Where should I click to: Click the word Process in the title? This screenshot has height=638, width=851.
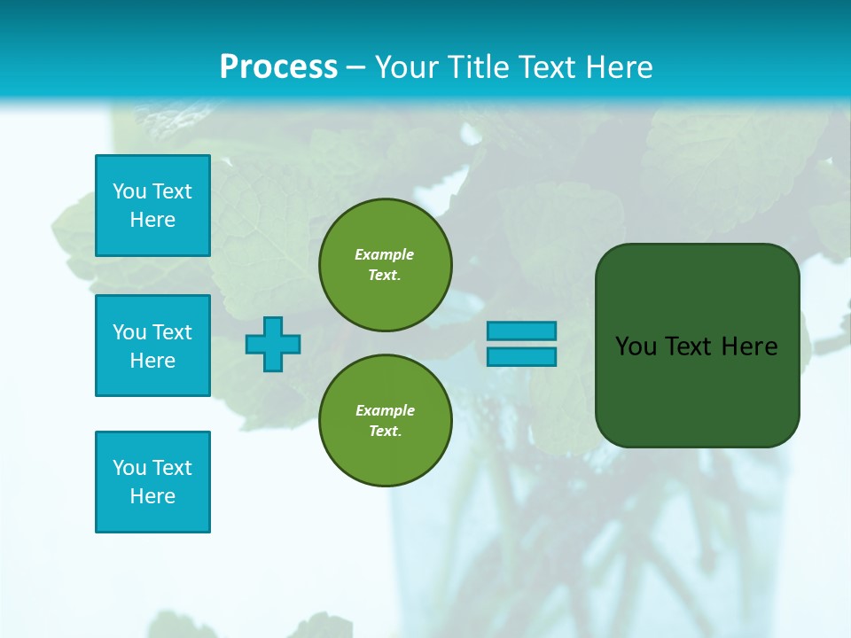click(x=278, y=67)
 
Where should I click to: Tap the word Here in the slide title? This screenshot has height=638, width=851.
click(x=614, y=67)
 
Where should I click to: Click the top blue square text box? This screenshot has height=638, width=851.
click(x=152, y=206)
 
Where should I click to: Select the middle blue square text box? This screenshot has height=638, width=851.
click(x=152, y=346)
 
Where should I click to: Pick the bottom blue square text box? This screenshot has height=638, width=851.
click(x=152, y=482)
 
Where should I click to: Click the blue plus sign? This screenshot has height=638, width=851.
click(x=273, y=344)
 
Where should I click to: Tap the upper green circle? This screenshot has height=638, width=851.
click(x=386, y=264)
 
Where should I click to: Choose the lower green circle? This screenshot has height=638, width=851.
click(x=386, y=420)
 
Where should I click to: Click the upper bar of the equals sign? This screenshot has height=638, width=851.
click(x=522, y=331)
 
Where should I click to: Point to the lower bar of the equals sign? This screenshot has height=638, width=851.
click(x=522, y=357)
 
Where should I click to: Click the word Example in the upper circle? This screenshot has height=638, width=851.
click(x=385, y=254)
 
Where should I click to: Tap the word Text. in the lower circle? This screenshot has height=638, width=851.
click(x=386, y=432)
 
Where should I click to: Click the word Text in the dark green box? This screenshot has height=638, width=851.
click(x=688, y=346)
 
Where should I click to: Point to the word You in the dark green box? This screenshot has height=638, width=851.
click(x=636, y=346)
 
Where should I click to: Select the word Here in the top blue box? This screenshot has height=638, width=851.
click(x=152, y=220)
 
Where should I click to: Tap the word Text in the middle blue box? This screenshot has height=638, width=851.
click(x=172, y=332)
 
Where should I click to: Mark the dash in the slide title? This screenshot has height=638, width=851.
click(x=356, y=67)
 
